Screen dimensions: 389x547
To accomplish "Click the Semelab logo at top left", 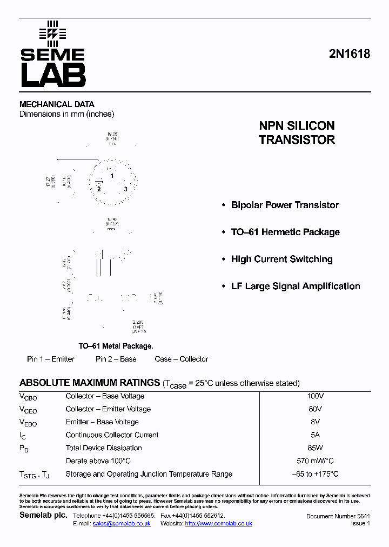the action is pos(52,54).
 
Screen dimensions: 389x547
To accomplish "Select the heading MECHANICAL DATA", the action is pos(57,104).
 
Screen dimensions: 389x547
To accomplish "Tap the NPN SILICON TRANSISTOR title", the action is pos(297,132).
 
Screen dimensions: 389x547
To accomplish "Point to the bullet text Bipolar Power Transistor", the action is pos(285,205).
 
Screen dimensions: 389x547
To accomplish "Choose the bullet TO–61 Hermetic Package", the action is pos(285,232).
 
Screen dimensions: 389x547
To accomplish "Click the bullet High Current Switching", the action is pos(281,259).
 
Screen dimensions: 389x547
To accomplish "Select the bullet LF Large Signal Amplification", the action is pos(296,286).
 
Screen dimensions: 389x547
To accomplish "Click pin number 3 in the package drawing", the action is pos(125,189).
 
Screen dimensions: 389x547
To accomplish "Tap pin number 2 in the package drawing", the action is pos(99,189).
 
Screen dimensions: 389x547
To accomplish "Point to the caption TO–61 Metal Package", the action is pos(116,346).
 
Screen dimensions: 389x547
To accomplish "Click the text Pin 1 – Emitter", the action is pos(51,359).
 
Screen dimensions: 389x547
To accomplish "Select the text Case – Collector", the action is pos(181,359).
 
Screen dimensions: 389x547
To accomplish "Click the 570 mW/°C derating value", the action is pos(315,461).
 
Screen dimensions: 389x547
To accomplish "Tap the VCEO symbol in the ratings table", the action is pos(28,410).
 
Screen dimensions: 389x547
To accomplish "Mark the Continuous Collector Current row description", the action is pos(112,435).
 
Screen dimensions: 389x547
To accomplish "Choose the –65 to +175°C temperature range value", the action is pos(315,474).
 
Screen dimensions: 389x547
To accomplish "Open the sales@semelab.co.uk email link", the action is pos(122,524).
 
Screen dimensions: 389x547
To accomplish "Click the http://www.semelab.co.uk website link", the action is pos(219,524).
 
